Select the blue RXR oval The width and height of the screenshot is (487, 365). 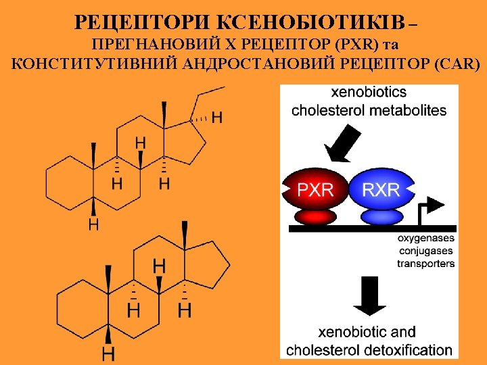point(381,189)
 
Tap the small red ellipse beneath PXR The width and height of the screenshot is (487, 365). point(315,216)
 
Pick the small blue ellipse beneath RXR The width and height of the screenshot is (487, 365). point(381,216)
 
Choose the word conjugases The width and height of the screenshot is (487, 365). point(425,251)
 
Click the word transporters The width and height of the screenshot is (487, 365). point(425,264)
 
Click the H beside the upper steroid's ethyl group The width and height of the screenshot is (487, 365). point(216,117)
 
